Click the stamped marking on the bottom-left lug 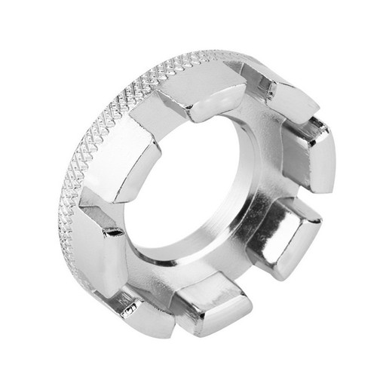click(132, 309)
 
